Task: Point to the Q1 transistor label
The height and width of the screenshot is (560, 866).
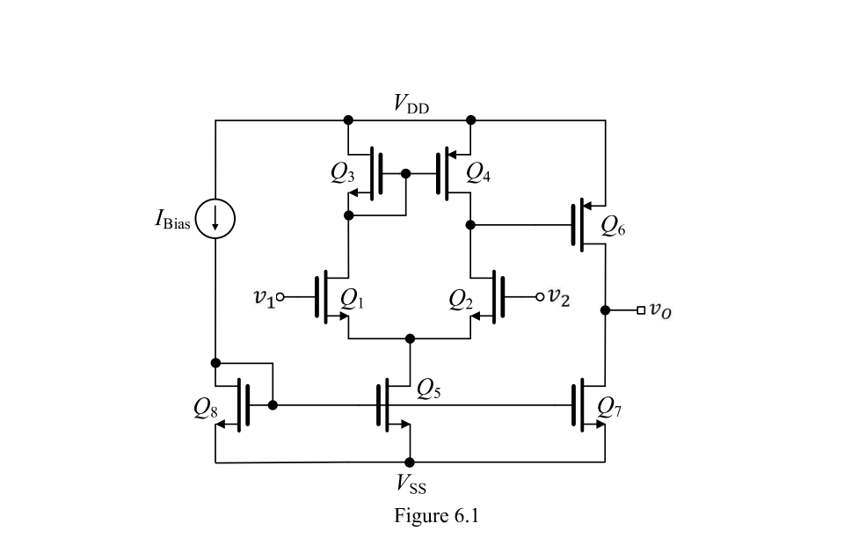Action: pyautogui.click(x=352, y=299)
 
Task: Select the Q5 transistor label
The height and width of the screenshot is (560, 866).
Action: pyautogui.click(x=429, y=386)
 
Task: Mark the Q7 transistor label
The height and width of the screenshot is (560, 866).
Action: pyautogui.click(x=609, y=405)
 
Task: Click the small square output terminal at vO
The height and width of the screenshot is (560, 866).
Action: pyautogui.click(x=642, y=309)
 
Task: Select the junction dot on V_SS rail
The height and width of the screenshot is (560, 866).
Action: pyautogui.click(x=410, y=462)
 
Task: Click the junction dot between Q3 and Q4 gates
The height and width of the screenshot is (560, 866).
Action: pyautogui.click(x=405, y=173)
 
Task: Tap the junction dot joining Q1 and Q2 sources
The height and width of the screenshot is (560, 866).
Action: pyautogui.click(x=410, y=338)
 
